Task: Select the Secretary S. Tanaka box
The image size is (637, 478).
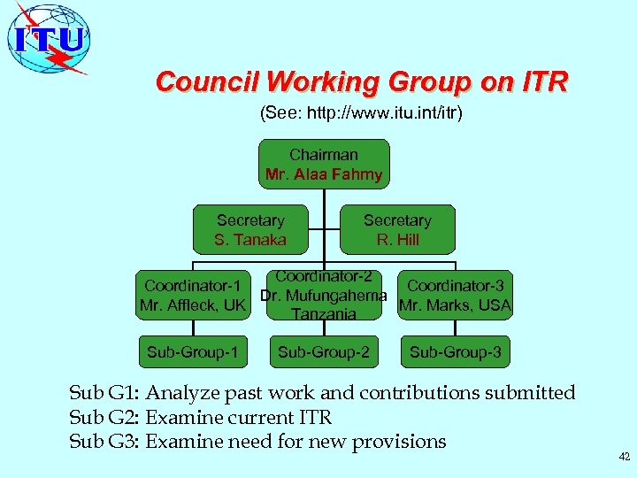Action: tap(250, 230)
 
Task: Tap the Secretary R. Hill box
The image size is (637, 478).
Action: tap(397, 230)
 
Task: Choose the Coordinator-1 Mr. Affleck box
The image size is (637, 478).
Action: tap(193, 296)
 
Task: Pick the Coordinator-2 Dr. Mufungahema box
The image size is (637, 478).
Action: tap(324, 296)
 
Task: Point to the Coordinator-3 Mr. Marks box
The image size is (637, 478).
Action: tap(456, 296)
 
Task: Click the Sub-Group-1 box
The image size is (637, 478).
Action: tap(193, 352)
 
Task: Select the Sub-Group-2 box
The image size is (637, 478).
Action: tap(324, 352)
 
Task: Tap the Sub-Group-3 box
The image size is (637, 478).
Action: tap(456, 352)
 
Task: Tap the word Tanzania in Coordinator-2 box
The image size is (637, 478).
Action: tap(324, 314)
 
